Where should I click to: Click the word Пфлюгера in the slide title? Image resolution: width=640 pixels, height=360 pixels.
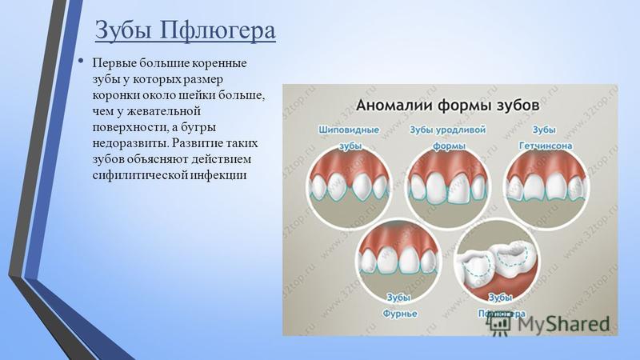218,30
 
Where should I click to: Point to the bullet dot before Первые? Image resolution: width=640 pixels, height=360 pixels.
82,62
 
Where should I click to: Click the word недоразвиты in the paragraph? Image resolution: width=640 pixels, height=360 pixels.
130,143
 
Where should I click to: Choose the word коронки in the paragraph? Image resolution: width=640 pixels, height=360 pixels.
116,95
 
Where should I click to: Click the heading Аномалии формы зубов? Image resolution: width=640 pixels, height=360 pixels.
448,106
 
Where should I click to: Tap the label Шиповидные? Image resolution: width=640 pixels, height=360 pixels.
349,130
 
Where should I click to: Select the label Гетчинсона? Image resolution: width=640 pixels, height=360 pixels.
546,146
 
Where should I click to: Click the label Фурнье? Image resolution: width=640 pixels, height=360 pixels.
399,314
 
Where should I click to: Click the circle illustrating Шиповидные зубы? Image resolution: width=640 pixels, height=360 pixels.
349,187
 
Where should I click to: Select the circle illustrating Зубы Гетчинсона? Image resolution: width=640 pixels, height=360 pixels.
547,187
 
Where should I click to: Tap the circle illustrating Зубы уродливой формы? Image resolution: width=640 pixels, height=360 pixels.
448,187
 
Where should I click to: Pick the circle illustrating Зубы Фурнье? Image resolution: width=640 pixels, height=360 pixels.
399,261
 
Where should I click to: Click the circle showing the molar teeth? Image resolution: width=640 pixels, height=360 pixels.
498,262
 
